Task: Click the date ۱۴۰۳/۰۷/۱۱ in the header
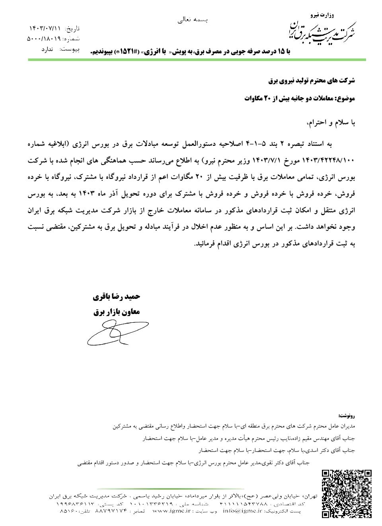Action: coord(45,28)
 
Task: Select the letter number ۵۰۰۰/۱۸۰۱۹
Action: coord(43,39)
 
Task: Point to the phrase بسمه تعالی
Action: coord(193,19)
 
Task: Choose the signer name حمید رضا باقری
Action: coord(117,297)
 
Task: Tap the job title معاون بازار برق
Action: coord(117,312)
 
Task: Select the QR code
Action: coord(347,493)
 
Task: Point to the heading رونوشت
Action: coord(345,416)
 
